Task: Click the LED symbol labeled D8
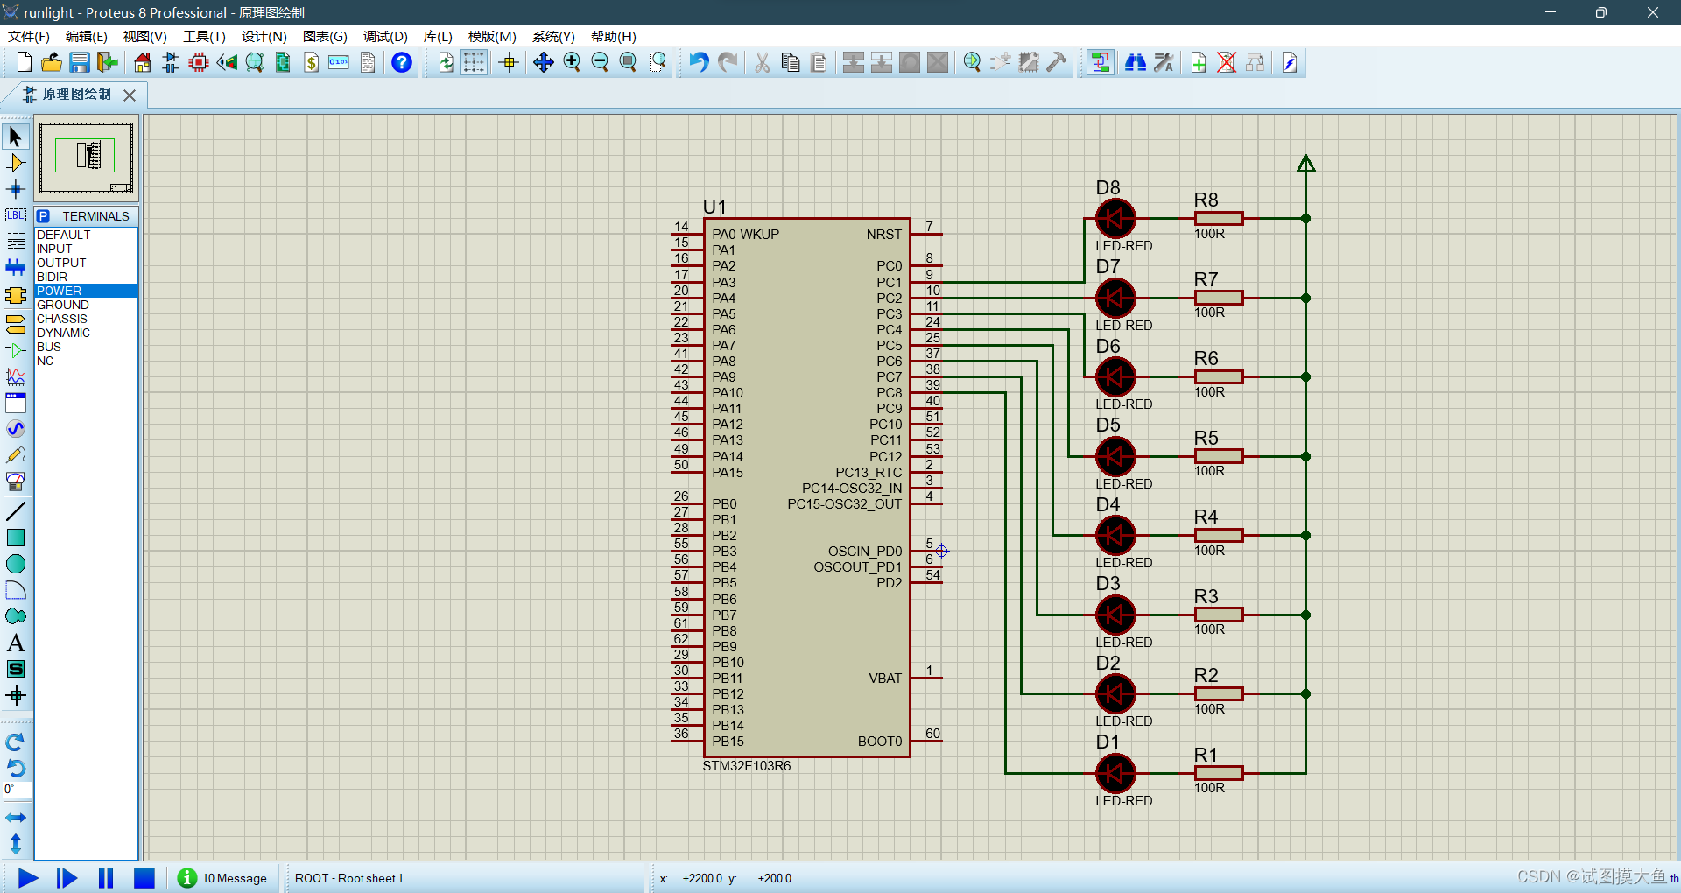tap(1115, 219)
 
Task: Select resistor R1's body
tap(1218, 773)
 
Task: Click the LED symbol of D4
tap(1115, 535)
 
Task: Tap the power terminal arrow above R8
tap(1305, 164)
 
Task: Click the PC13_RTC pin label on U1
tap(868, 473)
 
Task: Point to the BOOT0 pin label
tap(879, 742)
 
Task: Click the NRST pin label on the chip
tap(883, 235)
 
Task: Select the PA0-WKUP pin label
tap(745, 235)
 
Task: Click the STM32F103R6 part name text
tap(746, 766)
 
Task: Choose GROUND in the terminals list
tap(63, 305)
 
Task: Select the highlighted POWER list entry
tap(60, 291)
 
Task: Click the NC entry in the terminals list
tap(46, 361)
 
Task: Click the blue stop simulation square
tap(144, 878)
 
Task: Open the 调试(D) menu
tap(385, 37)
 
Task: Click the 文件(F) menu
tap(29, 37)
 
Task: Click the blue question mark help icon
tap(401, 63)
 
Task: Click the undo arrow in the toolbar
tap(698, 63)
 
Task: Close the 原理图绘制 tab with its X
tap(130, 95)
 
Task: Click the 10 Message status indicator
tap(227, 878)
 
